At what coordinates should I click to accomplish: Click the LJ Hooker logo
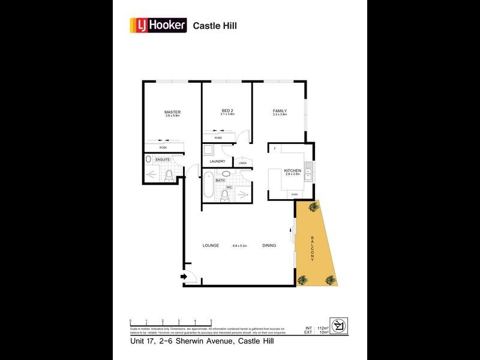158,26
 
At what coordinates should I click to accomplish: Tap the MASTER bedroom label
173,112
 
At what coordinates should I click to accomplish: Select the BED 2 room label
227,111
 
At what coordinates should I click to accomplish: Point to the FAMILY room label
280,111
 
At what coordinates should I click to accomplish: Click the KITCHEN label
292,171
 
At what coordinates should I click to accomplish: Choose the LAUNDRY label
217,161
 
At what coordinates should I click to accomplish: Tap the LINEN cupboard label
242,163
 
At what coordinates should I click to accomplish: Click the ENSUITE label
163,160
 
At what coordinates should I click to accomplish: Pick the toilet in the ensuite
169,175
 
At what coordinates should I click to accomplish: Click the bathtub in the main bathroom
208,185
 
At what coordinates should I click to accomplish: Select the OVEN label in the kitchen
294,194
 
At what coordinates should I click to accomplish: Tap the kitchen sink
308,172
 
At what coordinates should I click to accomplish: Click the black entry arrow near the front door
184,277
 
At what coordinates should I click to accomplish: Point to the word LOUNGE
210,245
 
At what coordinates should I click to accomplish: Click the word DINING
269,245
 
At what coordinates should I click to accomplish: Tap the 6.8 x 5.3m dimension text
240,245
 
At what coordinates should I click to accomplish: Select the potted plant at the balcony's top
313,207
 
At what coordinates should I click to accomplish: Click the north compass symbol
339,326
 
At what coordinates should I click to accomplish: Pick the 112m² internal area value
323,328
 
